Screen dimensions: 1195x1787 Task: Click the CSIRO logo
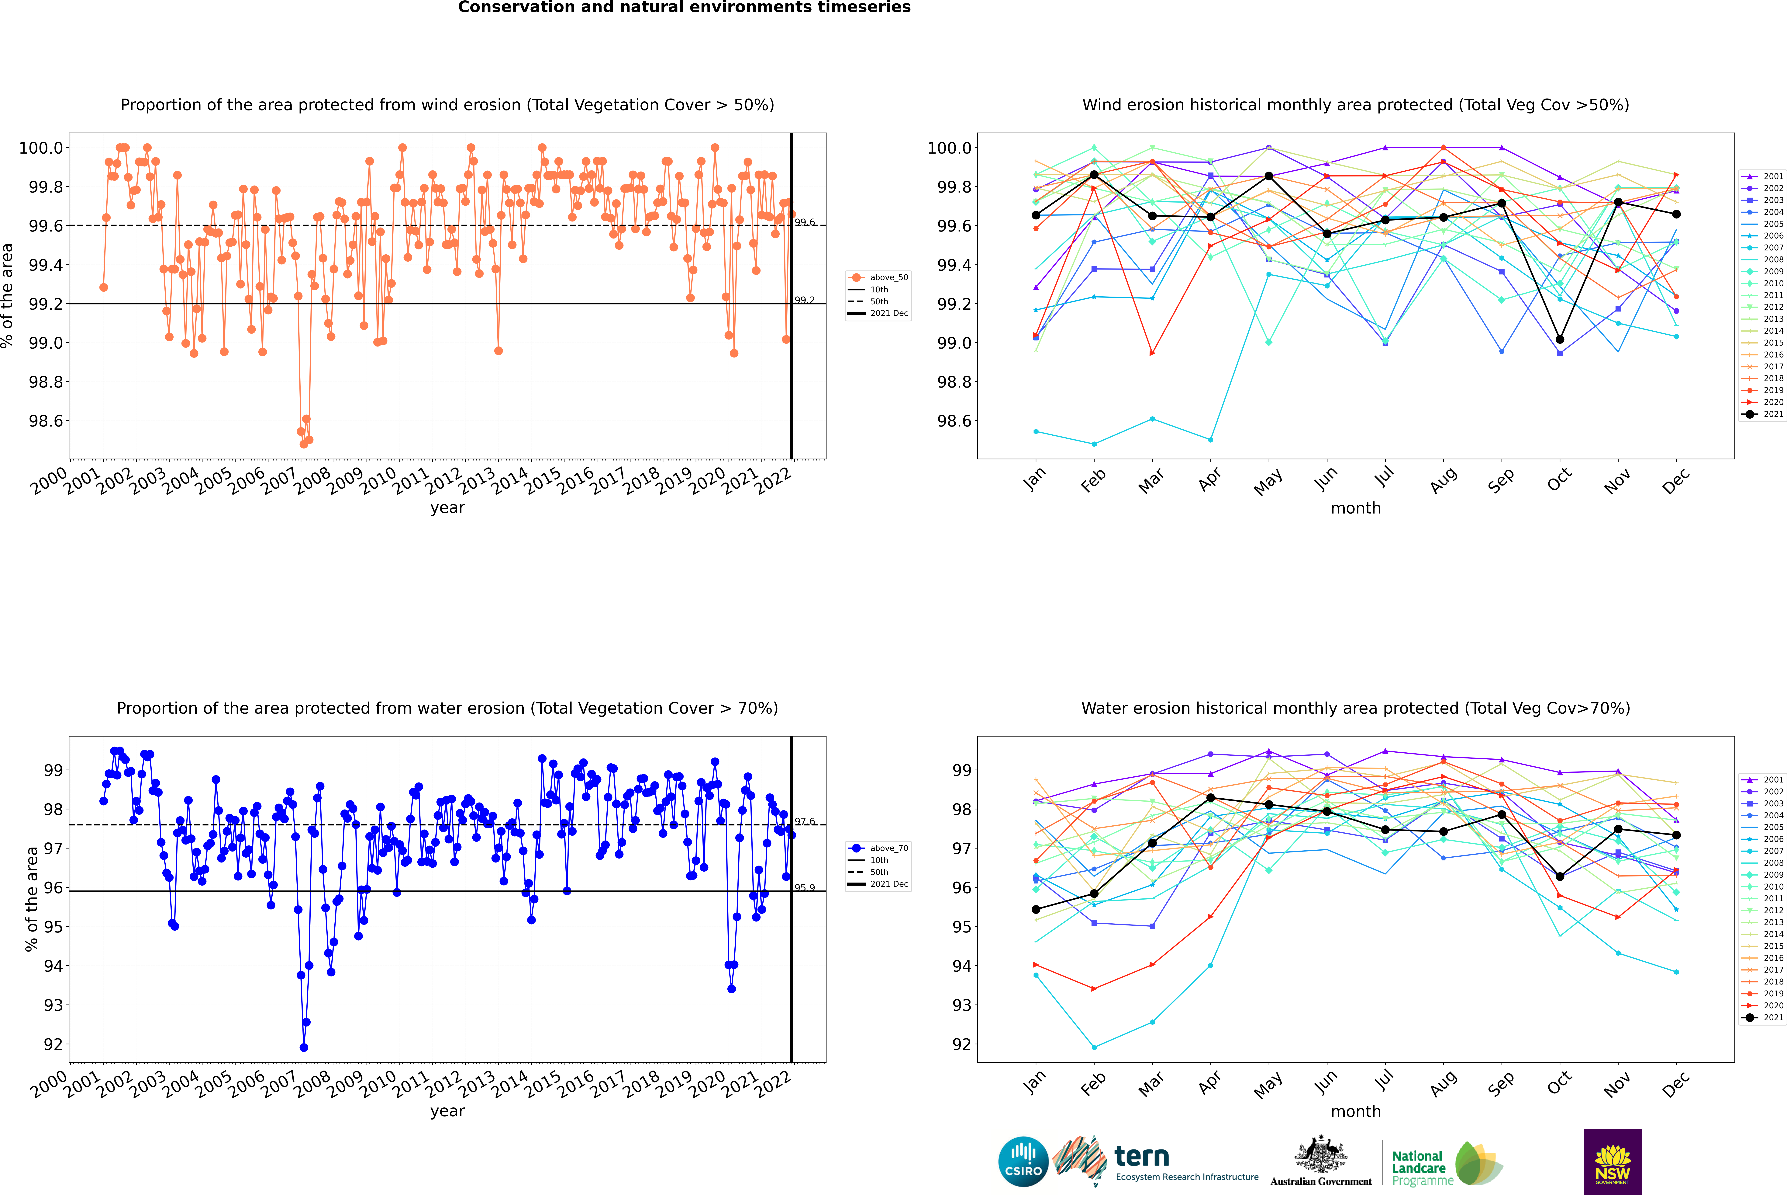click(1023, 1162)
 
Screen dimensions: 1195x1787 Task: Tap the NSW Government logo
click(1613, 1162)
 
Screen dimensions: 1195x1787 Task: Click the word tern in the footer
click(1141, 1156)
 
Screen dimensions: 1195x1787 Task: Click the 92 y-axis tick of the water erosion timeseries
click(53, 1044)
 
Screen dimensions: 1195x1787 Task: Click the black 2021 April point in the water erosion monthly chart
click(1210, 798)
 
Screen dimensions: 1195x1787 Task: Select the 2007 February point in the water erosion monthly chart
click(1094, 1047)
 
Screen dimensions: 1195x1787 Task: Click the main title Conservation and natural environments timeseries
click(684, 8)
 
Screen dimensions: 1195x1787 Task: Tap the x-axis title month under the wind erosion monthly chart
click(1355, 508)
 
